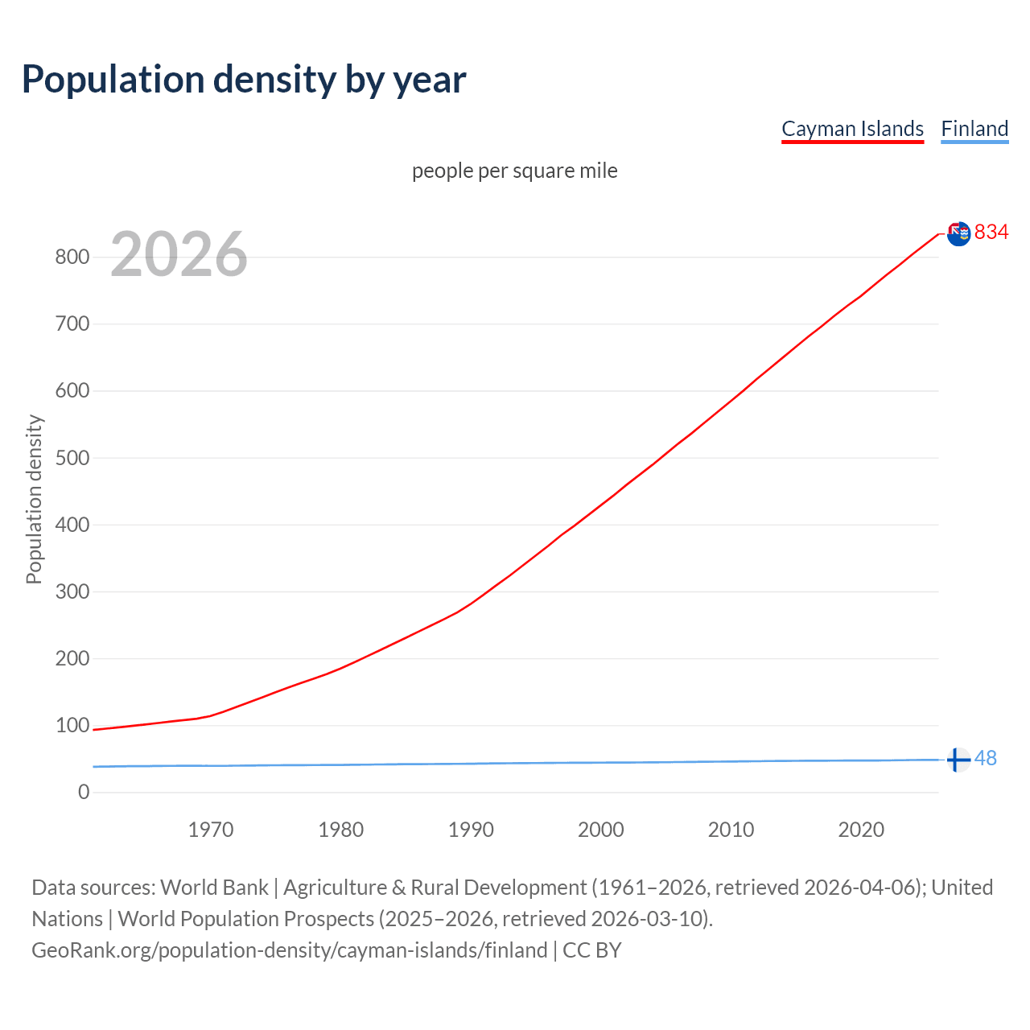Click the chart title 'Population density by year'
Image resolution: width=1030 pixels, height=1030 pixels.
(244, 80)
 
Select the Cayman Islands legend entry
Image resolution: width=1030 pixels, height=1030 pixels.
(852, 129)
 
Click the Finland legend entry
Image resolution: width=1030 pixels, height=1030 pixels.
(974, 129)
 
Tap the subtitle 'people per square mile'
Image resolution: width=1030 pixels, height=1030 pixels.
(514, 171)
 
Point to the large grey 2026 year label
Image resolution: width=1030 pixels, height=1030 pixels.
(179, 254)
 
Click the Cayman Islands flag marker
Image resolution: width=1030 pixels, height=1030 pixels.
(958, 233)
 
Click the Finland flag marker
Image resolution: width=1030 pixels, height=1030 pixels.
(958, 760)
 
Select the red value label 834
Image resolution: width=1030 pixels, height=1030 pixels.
(991, 232)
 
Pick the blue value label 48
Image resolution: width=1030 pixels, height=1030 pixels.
(985, 758)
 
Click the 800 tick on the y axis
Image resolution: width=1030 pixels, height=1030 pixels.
(72, 257)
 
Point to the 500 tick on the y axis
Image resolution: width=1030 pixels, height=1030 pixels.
(72, 458)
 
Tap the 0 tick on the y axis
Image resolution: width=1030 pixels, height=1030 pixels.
(84, 792)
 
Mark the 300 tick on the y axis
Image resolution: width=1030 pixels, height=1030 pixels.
(72, 591)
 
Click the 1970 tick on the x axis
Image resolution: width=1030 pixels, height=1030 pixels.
(211, 830)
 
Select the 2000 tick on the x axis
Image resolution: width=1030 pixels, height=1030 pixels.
(601, 830)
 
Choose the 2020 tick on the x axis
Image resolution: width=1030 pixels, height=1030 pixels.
(861, 830)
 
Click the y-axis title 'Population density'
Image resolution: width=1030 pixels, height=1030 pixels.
(34, 499)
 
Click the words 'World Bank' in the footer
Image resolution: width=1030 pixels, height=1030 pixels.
(214, 888)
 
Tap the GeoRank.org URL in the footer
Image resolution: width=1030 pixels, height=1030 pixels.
(290, 950)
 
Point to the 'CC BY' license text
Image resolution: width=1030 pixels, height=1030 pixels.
(592, 950)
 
